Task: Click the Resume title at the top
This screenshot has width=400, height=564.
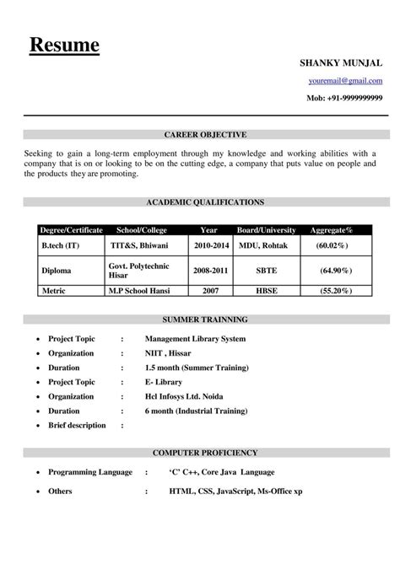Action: coord(64,45)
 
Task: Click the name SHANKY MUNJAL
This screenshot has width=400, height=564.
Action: coord(341,63)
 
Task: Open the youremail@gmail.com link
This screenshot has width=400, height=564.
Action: coord(344,81)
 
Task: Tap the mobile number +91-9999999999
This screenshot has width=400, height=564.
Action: coord(344,99)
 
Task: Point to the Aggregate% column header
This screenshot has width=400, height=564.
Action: coord(332,229)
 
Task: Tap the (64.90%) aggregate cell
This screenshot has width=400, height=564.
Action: coord(336,271)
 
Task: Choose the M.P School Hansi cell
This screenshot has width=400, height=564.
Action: coord(139,289)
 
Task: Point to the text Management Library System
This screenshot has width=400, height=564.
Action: coord(195,338)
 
